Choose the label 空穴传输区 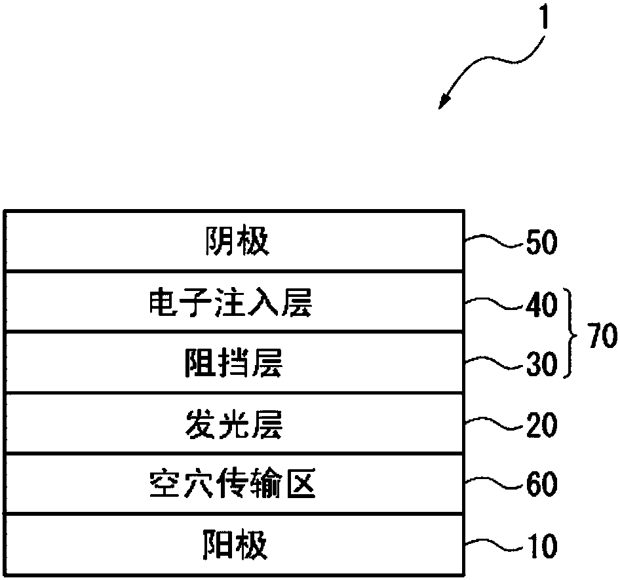point(233,486)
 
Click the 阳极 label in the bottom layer point(233,545)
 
